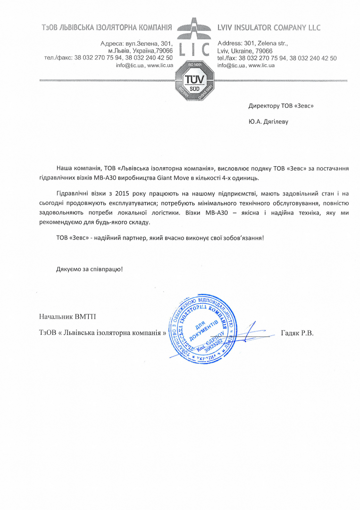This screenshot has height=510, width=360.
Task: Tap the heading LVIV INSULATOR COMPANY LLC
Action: pyautogui.click(x=268, y=27)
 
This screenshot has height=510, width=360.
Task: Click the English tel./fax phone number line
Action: pyautogui.click(x=276, y=58)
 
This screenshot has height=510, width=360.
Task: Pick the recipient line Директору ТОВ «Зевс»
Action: pyautogui.click(x=281, y=106)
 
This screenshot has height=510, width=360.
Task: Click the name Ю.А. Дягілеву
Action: pyautogui.click(x=268, y=121)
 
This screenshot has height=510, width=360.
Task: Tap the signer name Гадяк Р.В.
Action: pyautogui.click(x=297, y=333)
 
